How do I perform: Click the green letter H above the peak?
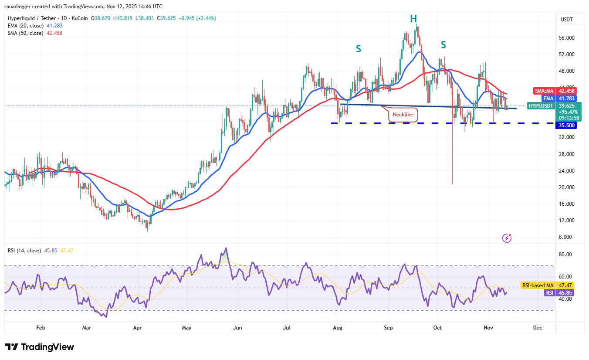(413, 18)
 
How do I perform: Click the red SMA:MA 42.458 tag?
(553, 91)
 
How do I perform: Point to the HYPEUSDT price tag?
(541, 106)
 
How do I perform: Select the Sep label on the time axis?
(389, 327)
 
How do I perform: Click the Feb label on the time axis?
(41, 327)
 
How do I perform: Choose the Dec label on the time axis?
(537, 327)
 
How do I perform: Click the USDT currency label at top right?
(567, 20)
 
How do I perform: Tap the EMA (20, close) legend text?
(25, 26)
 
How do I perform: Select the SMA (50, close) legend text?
(25, 33)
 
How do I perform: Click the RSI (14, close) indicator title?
(24, 251)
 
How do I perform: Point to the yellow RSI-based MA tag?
(538, 285)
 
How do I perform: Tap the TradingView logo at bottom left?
(40, 347)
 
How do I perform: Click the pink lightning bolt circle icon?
(507, 238)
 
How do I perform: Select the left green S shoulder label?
(358, 49)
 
